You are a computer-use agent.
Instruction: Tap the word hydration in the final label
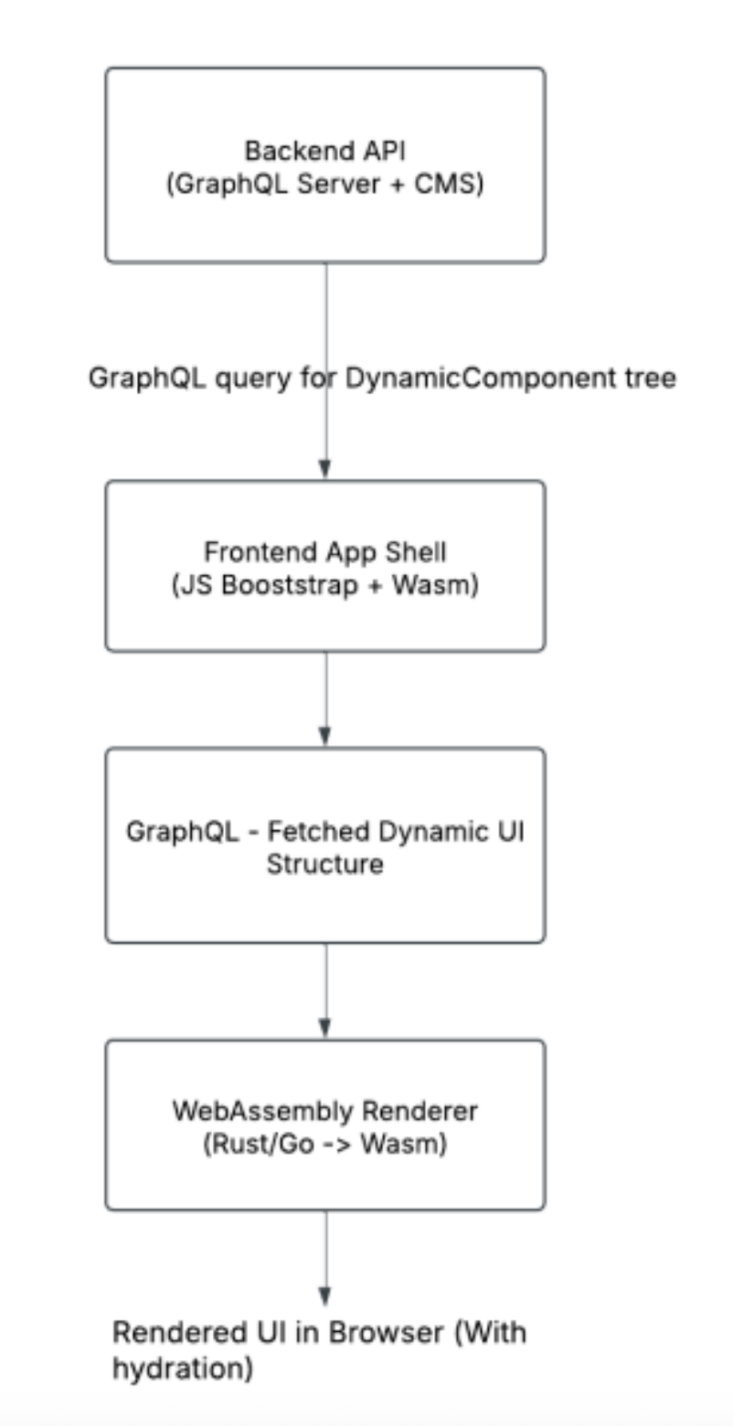(x=182, y=1369)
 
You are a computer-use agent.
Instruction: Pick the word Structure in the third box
(x=325, y=864)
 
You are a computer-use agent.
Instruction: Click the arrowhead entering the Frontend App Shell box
(x=325, y=470)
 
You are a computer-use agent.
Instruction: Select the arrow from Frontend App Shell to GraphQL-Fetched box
(x=325, y=699)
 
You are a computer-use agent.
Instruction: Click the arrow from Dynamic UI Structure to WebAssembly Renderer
(x=325, y=991)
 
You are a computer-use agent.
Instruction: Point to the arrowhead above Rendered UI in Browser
(x=325, y=1296)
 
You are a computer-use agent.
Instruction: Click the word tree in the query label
(x=650, y=378)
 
